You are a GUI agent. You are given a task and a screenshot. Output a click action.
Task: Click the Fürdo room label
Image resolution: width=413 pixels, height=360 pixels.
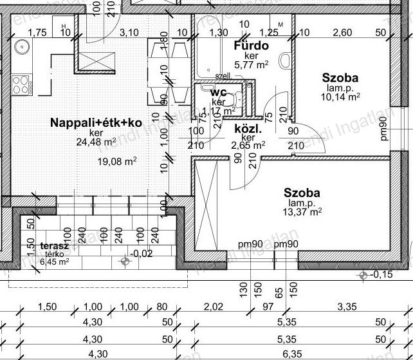[250, 46]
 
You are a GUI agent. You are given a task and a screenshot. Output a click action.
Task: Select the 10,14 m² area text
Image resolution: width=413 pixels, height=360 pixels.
[340, 97]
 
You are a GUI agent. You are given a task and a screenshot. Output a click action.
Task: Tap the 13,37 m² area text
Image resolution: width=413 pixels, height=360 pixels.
[302, 211]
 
